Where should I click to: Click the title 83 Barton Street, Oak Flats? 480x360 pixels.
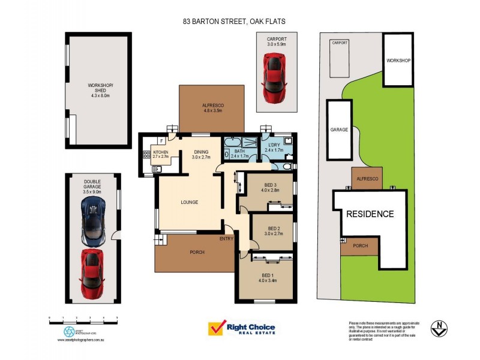(234, 21)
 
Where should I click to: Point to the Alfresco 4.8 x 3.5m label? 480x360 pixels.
(212, 108)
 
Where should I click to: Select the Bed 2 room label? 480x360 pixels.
(274, 231)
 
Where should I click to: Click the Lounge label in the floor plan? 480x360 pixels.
(190, 202)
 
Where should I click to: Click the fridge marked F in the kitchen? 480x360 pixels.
(161, 141)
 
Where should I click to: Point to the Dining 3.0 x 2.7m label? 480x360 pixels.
(201, 154)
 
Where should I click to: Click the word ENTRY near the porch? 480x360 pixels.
(226, 239)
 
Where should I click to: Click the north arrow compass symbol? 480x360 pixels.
(441, 328)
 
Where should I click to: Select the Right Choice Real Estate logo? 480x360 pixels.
(241, 329)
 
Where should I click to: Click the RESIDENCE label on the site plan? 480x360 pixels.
(369, 214)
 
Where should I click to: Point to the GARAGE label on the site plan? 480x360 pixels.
(339, 130)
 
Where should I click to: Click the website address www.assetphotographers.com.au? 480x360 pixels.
(82, 340)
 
